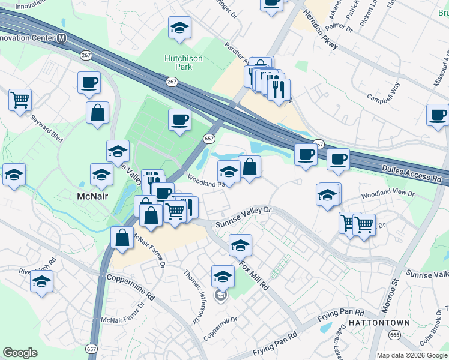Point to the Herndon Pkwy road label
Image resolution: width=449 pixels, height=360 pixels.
coord(320,30)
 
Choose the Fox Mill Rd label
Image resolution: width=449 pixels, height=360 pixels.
coord(252,273)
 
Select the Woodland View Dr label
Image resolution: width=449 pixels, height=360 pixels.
coord(387,194)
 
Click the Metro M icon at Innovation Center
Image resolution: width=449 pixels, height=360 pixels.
coord(62,38)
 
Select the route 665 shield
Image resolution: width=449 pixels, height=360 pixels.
coord(394,334)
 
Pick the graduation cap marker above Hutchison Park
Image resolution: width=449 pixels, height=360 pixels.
coord(179,28)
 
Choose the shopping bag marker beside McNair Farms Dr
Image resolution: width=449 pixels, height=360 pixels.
coord(122,236)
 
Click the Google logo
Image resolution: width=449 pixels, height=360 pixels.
coord(20,353)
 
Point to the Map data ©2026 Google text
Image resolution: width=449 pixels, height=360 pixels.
coord(411,355)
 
